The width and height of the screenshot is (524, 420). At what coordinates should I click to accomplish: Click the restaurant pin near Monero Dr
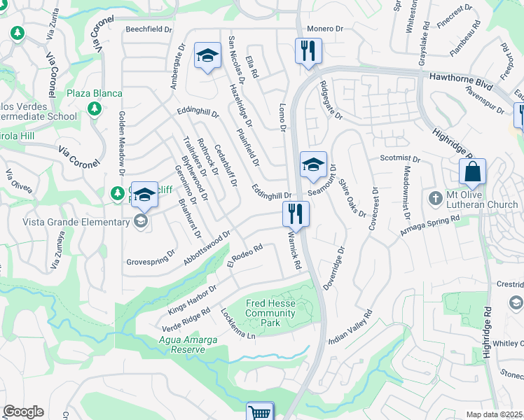pyautogui.click(x=308, y=51)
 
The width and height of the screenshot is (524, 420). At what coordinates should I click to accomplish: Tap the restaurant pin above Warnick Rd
pyautogui.click(x=296, y=213)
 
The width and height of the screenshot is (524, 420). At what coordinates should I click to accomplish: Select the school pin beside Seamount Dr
pyautogui.click(x=313, y=165)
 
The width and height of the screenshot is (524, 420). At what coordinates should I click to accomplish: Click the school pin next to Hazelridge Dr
pyautogui.click(x=207, y=57)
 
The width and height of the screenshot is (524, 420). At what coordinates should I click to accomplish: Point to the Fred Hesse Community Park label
pyautogui.click(x=270, y=313)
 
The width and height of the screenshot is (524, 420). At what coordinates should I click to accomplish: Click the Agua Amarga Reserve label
pyautogui.click(x=187, y=344)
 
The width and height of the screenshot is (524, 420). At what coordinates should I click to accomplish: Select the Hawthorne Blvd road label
pyautogui.click(x=457, y=76)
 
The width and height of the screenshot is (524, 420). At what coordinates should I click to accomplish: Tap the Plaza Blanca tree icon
pyautogui.click(x=95, y=108)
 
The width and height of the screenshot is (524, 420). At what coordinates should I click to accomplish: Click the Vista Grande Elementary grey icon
pyautogui.click(x=141, y=222)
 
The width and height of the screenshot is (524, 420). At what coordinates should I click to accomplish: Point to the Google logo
pyautogui.click(x=23, y=412)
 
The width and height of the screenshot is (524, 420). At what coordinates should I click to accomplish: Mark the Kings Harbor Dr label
pyautogui.click(x=192, y=300)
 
